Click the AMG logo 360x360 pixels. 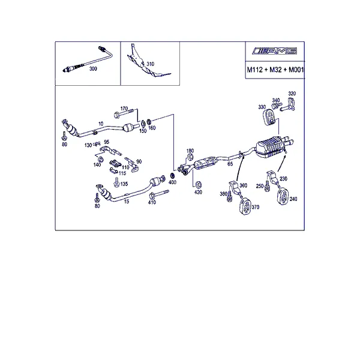pos(274,51)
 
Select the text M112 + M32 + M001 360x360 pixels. pos(275,70)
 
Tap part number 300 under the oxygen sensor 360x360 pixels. pos(93,68)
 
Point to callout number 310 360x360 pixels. pos(151,64)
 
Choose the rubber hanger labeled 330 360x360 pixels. pos(268,118)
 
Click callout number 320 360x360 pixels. pos(292,94)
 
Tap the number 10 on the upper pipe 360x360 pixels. pos(101,124)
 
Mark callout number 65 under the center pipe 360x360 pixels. pos(230,164)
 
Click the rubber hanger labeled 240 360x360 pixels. pos(283,196)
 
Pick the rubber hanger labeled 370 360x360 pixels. pos(245,206)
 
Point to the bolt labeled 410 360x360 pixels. pos(159,194)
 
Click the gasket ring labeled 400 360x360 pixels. pos(172,176)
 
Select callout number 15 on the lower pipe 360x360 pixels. pos(127,202)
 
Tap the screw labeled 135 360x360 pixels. pos(116,182)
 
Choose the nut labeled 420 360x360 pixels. pos(198,184)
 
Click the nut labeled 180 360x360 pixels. pos(190,157)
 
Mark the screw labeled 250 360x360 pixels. pos(267,185)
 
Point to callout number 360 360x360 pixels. pos(244,185)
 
